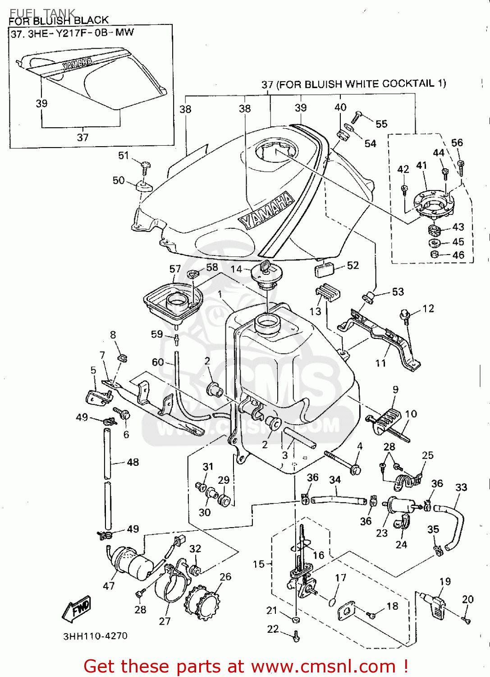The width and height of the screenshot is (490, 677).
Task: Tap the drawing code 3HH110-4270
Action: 95,636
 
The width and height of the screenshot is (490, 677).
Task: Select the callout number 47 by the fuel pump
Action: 109,586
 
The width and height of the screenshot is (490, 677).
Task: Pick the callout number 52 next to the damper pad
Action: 353,265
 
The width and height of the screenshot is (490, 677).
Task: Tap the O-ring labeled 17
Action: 332,601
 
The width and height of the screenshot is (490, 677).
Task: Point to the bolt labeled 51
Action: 146,167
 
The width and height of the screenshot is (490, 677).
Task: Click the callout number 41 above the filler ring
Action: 421,166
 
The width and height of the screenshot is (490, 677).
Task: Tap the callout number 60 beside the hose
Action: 158,362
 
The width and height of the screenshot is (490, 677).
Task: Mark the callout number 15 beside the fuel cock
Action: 259,564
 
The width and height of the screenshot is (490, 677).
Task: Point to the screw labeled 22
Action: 296,637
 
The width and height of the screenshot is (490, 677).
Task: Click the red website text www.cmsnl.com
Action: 323,666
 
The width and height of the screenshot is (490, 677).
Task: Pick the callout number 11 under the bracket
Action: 381,363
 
